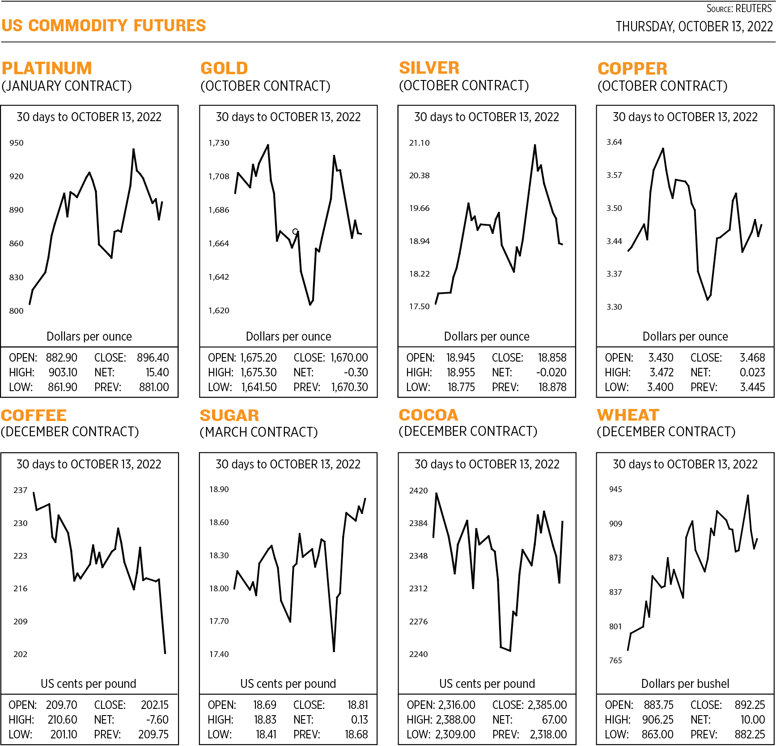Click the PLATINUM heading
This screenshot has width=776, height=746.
47,68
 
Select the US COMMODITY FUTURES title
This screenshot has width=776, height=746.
103,26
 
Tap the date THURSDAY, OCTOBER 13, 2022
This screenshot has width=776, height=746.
694,27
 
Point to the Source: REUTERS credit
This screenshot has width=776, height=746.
739,8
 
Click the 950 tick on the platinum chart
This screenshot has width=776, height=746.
17,143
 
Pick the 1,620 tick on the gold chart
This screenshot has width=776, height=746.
219,311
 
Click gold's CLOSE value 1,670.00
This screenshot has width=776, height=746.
349,358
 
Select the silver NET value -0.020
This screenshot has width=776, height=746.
551,373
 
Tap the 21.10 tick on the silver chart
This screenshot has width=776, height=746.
419,143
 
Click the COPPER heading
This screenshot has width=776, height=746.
632,69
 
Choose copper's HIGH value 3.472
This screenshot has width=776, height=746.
661,373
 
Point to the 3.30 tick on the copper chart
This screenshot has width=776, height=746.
614,307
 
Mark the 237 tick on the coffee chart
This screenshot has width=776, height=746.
21,490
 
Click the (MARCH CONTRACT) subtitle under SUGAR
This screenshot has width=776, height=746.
259,432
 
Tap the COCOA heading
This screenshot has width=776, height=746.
428,415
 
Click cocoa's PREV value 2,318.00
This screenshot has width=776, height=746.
548,735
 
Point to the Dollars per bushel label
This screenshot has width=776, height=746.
685,684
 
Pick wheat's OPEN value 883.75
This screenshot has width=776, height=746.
658,705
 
